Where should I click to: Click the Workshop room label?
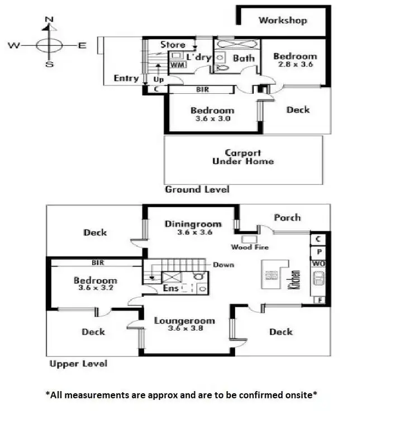pyautogui.click(x=283, y=21)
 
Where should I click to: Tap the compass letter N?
pyautogui.click(x=49, y=20)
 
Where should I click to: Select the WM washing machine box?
pyautogui.click(x=177, y=65)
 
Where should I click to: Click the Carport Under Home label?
pyautogui.click(x=242, y=157)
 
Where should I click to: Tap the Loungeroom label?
pyautogui.click(x=184, y=321)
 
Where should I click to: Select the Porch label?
pyautogui.click(x=287, y=217)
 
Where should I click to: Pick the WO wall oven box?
pyautogui.click(x=318, y=263)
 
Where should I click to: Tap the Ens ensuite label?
pyautogui.click(x=170, y=289)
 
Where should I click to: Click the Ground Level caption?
pyautogui.click(x=197, y=189)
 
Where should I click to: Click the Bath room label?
pyautogui.click(x=244, y=58)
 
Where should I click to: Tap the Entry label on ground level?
pyautogui.click(x=126, y=78)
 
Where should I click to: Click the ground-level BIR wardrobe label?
pyautogui.click(x=202, y=89)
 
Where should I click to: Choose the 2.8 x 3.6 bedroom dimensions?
pyautogui.click(x=295, y=64)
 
